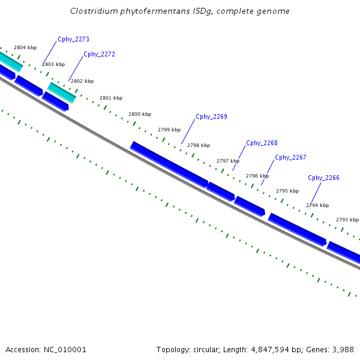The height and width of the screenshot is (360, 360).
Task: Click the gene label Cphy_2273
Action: [73, 40]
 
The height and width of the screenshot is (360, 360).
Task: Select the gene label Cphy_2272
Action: [99, 54]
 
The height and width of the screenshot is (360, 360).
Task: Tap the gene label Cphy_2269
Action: [211, 116]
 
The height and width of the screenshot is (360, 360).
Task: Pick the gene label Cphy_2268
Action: [262, 143]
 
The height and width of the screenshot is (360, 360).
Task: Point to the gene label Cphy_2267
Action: [290, 158]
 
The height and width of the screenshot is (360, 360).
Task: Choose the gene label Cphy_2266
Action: [323, 178]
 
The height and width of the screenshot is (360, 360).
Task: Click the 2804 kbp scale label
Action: [25, 47]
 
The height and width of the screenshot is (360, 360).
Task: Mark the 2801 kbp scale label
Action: [111, 98]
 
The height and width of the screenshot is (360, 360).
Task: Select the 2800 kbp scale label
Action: [140, 114]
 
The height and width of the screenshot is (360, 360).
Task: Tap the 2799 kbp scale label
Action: [169, 130]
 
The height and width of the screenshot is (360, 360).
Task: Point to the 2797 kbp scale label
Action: [228, 161]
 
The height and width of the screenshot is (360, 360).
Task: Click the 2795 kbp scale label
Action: [287, 191]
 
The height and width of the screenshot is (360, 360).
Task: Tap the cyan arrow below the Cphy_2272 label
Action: [62, 92]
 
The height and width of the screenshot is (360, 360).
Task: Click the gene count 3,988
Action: [343, 349]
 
